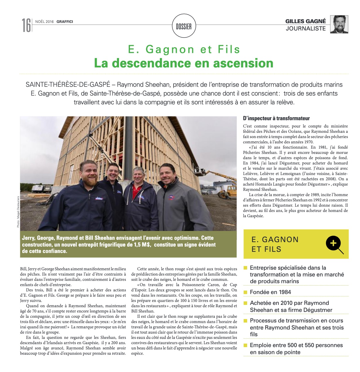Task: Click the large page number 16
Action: [26, 25]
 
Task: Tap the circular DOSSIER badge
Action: [184, 26]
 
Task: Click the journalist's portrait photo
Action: [339, 24]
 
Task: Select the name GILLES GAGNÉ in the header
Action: [305, 21]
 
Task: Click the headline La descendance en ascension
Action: [184, 63]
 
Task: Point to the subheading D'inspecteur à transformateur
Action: [276, 118]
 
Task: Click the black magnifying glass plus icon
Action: [334, 244]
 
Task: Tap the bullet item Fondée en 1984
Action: [270, 292]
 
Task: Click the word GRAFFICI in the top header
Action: [65, 21]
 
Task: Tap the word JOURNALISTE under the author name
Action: [306, 28]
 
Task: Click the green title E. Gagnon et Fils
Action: [184, 50]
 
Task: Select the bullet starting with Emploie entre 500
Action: [296, 349]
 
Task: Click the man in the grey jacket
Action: [173, 199]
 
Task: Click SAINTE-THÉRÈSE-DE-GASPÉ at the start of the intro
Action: [68, 85]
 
